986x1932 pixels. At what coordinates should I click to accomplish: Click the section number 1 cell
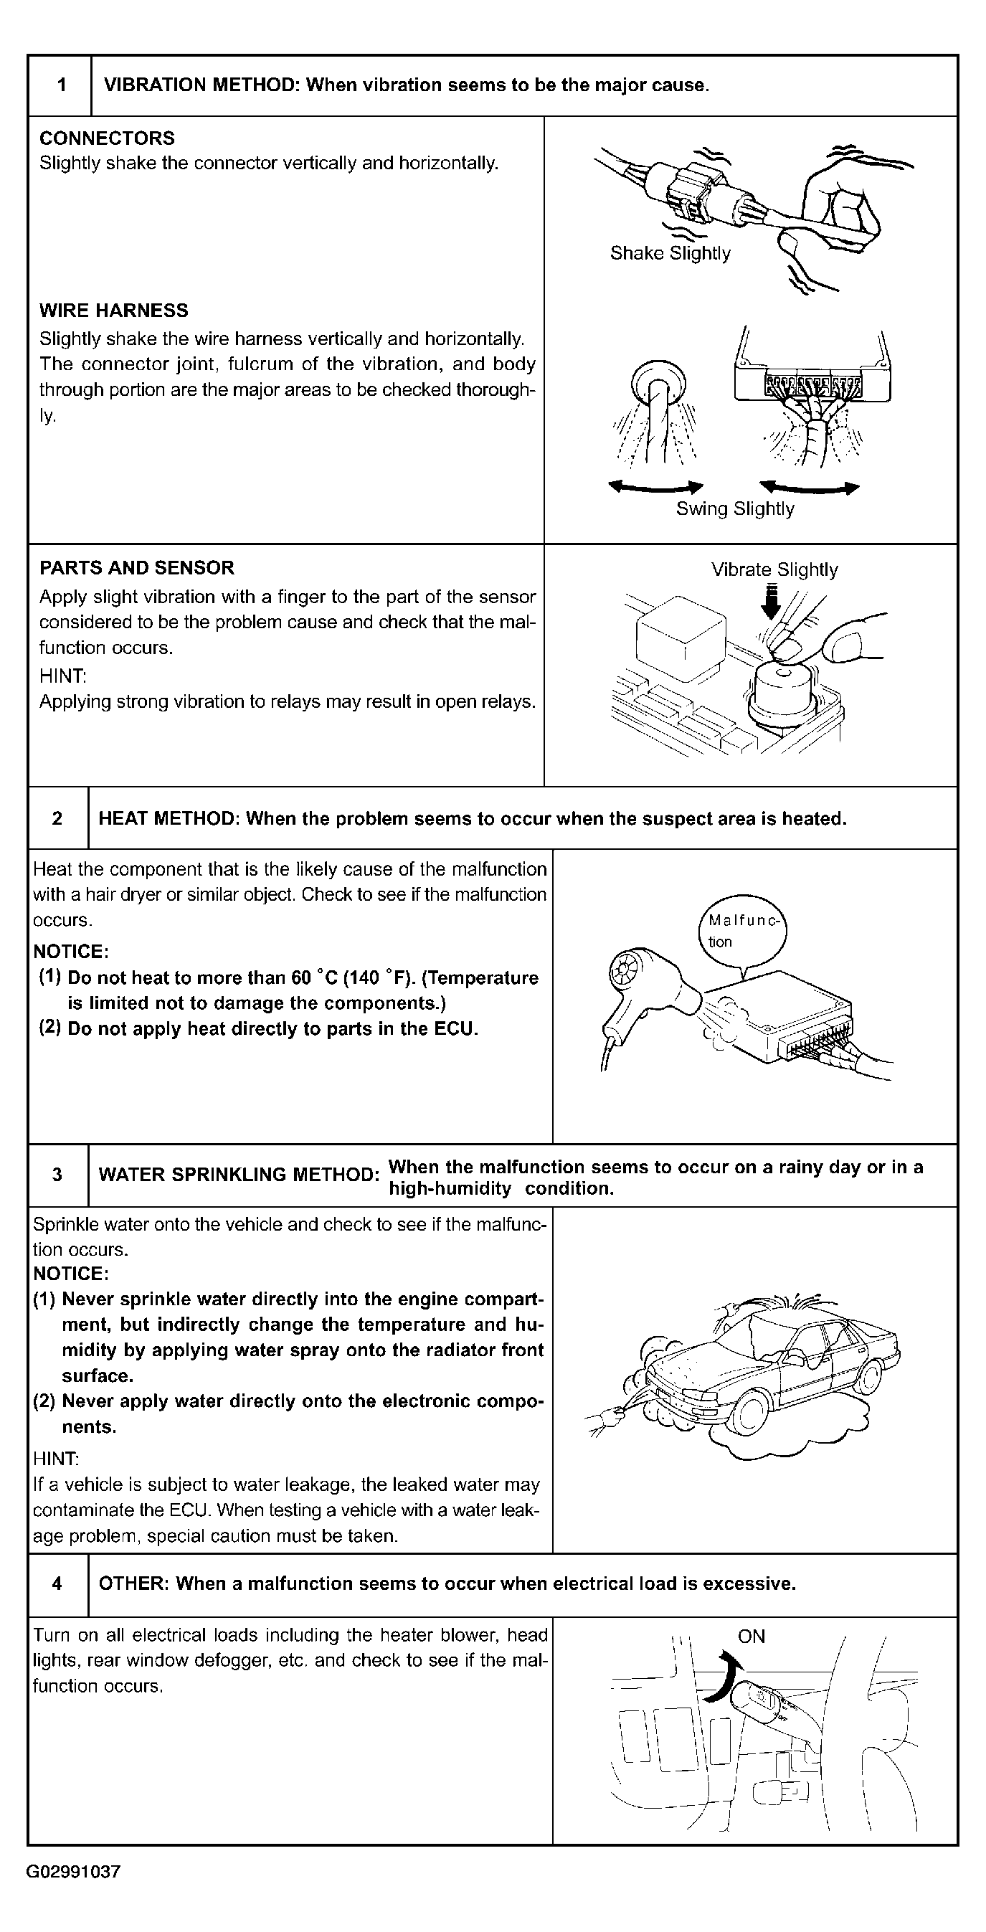click(61, 85)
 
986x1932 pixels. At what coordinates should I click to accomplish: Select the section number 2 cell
click(58, 818)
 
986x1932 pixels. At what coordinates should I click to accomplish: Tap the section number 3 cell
click(58, 1175)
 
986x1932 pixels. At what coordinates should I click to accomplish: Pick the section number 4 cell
click(58, 1583)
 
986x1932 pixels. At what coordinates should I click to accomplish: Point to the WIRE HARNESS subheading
click(113, 311)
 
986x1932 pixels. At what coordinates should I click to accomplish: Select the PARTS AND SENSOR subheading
click(136, 568)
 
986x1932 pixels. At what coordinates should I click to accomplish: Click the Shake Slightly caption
click(670, 253)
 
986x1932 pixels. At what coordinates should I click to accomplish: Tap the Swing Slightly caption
click(735, 508)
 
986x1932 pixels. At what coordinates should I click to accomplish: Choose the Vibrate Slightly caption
click(774, 570)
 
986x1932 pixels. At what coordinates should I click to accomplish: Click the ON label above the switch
click(752, 1637)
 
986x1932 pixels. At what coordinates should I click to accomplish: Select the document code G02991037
click(73, 1872)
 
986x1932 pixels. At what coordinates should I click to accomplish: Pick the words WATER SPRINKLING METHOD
click(239, 1175)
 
